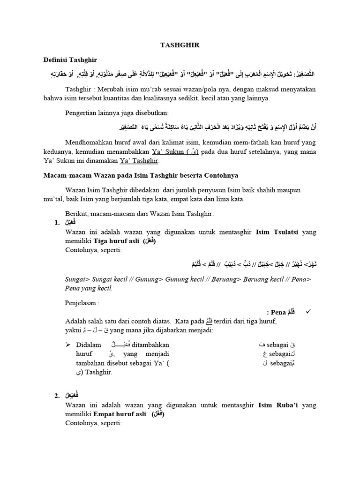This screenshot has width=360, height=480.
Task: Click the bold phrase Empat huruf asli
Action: pos(120,415)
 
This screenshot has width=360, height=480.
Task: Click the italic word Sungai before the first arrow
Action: pos(76,279)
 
